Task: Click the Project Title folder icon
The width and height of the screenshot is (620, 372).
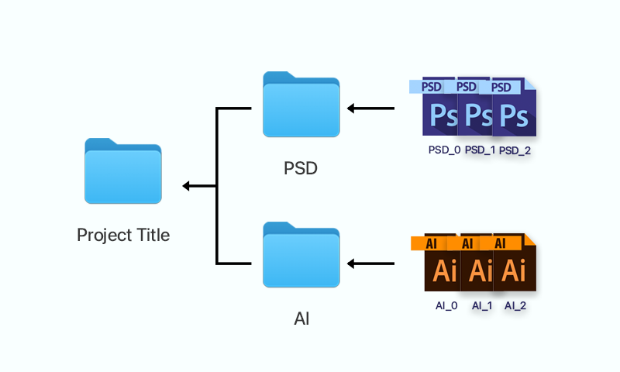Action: click(x=123, y=170)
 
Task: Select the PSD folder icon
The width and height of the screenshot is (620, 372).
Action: click(x=301, y=105)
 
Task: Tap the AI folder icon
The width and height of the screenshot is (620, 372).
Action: click(x=301, y=255)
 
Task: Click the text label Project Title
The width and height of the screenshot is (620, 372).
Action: click(x=123, y=236)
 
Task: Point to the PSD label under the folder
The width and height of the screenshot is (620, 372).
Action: click(x=301, y=168)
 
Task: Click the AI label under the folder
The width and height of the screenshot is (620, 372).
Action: click(x=301, y=319)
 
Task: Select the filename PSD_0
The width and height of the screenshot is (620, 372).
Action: click(x=444, y=150)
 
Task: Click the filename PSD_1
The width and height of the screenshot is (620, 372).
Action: click(x=480, y=150)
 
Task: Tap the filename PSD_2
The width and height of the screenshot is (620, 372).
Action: click(x=515, y=150)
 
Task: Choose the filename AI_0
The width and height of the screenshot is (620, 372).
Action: click(x=446, y=305)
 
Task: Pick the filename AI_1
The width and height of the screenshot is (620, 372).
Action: click(x=482, y=305)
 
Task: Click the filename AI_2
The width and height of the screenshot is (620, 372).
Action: click(x=515, y=305)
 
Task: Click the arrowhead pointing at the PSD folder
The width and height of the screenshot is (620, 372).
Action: click(x=351, y=108)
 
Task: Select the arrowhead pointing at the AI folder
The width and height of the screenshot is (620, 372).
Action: click(x=351, y=263)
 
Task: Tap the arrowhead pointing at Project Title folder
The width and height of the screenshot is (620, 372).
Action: click(x=186, y=186)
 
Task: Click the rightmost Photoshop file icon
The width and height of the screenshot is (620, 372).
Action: click(x=515, y=107)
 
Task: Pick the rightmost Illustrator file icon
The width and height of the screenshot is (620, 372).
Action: click(x=515, y=263)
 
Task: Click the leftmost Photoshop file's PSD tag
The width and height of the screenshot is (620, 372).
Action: click(x=427, y=87)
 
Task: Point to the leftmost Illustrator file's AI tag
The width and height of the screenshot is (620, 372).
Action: click(x=429, y=243)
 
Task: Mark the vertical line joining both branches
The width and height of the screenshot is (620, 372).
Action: click(x=217, y=186)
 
